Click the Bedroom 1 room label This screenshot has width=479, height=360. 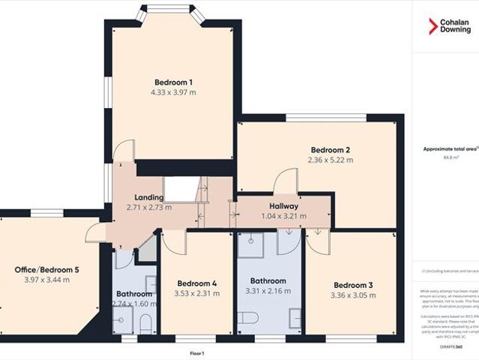pos(174,82)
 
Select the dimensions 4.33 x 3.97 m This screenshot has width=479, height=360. pos(174,92)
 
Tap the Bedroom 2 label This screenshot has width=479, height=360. pos(330,149)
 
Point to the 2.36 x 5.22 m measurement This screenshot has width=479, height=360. pos(330,160)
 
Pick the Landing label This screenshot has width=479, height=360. pos(149,197)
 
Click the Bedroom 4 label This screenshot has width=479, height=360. pos(197,283)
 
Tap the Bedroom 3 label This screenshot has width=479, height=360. pos(354,285)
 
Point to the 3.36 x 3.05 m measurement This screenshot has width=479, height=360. pos(354,295)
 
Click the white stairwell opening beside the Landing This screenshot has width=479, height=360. pos(179,188)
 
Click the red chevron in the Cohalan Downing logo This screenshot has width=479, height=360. pos(433,26)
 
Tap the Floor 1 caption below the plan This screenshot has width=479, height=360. pos(198,352)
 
